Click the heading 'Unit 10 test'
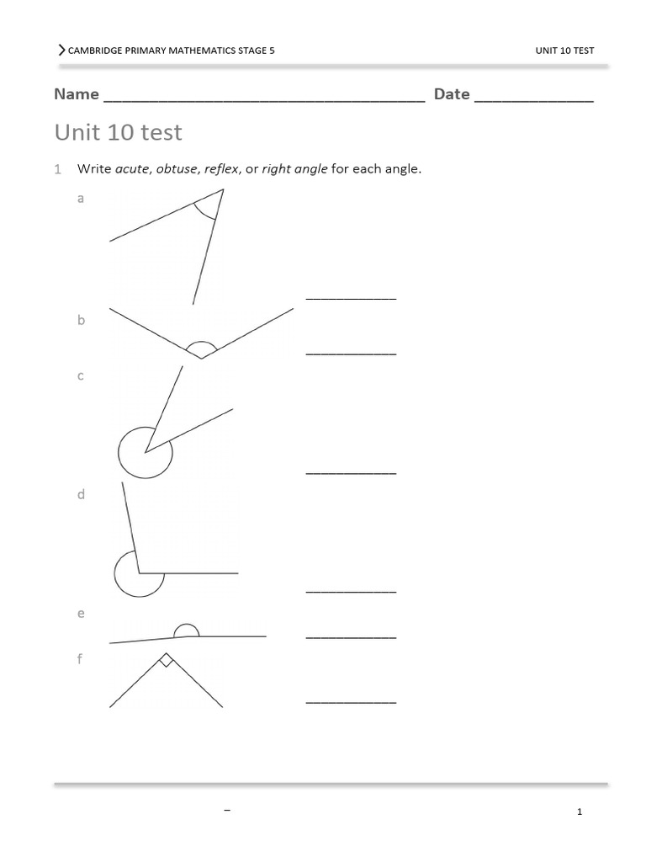pos(118,132)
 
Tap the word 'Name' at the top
pos(77,94)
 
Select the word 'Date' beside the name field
pos(452,94)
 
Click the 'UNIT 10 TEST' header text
pos(564,51)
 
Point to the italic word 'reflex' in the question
pos(222,169)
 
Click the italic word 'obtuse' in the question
pos(175,169)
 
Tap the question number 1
pos(58,169)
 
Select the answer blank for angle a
pos(351,297)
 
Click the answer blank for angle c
pos(351,473)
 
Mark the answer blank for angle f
pos(351,700)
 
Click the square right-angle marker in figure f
pos(167,660)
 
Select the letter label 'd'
pos(82,495)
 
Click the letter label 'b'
pos(82,320)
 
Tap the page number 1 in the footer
pos(580,811)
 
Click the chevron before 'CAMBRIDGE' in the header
pos(61,51)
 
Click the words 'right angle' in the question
pos(294,169)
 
